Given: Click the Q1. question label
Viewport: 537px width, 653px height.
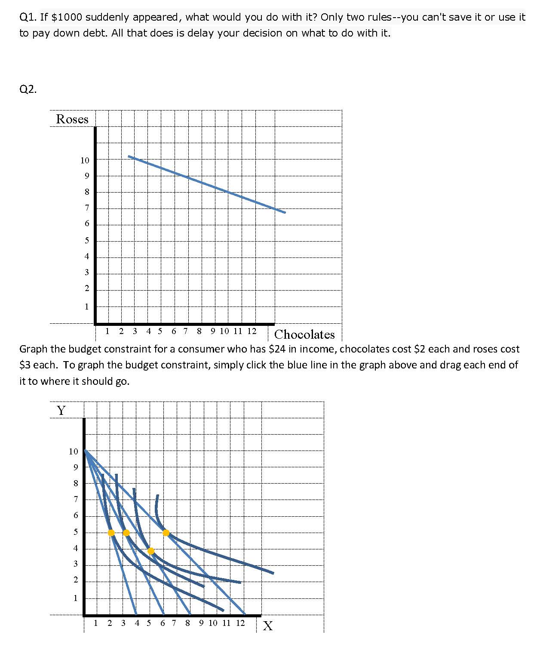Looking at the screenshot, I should click(x=28, y=17).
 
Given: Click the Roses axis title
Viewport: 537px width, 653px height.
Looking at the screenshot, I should click(x=72, y=119).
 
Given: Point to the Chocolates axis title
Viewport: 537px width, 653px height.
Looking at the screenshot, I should click(x=304, y=334).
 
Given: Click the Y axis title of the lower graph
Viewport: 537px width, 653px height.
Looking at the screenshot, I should click(x=61, y=411).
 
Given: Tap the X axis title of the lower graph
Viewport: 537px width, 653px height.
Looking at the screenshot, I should click(x=267, y=626).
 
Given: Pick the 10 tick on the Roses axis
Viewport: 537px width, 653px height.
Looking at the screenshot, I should click(x=85, y=160).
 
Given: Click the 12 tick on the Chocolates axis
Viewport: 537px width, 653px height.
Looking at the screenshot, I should click(x=252, y=331).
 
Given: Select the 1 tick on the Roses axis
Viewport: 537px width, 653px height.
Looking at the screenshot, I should click(x=86, y=307).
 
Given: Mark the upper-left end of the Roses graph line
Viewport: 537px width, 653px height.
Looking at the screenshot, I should click(x=129, y=156).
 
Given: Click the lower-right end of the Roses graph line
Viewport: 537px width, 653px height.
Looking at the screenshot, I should click(x=285, y=212).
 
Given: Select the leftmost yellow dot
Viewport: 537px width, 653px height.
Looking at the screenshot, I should click(x=111, y=533).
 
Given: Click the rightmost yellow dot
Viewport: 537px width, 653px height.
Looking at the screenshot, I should click(x=166, y=533).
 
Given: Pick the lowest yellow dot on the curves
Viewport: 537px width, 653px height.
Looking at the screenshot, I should click(x=151, y=551).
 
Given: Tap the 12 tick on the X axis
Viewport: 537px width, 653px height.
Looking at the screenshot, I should click(x=240, y=623).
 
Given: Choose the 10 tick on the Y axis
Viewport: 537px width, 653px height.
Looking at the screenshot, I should click(x=74, y=451).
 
